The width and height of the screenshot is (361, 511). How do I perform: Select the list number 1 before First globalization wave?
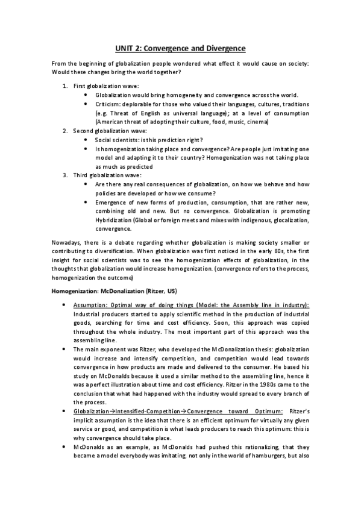[x=65, y=86]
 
